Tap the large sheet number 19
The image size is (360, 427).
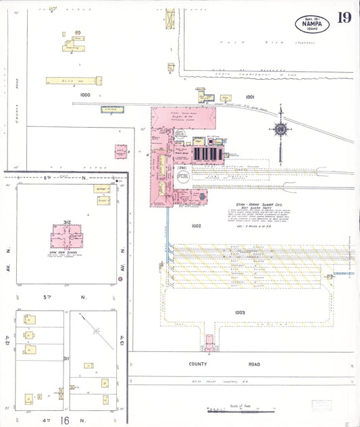click(344, 18)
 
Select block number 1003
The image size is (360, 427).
click(240, 312)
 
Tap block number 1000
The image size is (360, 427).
click(84, 95)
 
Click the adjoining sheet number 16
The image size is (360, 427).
click(64, 420)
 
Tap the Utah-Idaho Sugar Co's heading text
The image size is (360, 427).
click(245, 194)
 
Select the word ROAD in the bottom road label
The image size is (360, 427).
click(252, 363)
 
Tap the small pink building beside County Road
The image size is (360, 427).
click(122, 151)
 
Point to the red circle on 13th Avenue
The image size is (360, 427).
click(120, 259)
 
